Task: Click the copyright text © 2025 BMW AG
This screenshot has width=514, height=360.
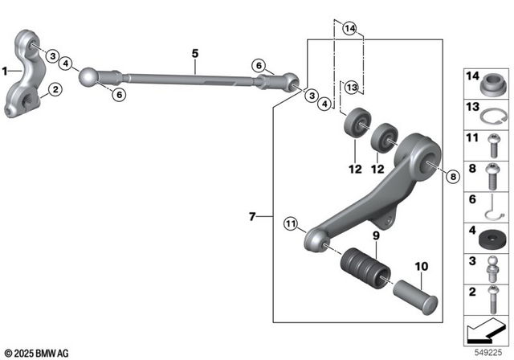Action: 36,353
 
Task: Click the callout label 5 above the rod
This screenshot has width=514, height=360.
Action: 194,54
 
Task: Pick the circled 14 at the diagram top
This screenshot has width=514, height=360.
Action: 348,29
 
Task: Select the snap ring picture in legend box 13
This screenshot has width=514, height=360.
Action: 491,113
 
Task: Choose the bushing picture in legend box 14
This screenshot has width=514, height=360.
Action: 491,82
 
